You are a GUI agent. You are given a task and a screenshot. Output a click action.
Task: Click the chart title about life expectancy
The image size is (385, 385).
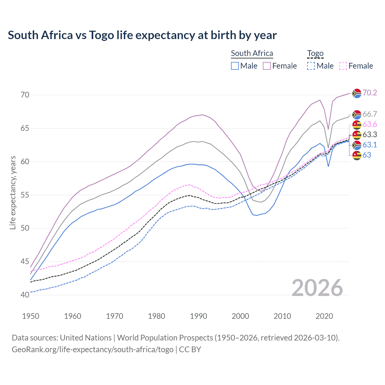point(142,35)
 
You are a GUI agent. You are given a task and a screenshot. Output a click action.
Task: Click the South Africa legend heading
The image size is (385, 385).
point(252,53)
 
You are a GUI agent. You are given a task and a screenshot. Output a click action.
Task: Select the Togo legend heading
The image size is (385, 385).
point(315,54)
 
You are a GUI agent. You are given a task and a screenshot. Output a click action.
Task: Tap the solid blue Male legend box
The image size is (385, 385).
point(235,66)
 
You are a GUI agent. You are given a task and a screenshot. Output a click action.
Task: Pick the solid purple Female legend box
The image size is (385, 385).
point(267,66)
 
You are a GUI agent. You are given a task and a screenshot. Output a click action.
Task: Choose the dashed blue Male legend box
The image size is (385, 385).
point(311,66)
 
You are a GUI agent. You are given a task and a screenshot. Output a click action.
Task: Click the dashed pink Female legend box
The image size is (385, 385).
point(343,66)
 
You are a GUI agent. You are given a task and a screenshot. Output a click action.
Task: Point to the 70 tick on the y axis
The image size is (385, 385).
point(25,95)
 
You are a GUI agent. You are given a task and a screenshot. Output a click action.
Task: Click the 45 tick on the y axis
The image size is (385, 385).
point(25,262)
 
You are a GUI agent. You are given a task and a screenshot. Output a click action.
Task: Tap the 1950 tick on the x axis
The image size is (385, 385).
point(31,316)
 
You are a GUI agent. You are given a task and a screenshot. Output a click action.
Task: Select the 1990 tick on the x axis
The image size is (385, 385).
point(199,316)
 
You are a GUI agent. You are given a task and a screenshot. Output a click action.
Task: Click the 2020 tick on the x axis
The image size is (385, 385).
point(324,316)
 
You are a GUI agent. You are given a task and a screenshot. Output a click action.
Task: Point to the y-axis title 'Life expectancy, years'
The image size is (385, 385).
point(13,193)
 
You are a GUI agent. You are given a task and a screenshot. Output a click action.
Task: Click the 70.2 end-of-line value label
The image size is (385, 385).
point(370,93)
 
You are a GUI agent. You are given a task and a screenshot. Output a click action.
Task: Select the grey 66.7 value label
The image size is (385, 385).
point(370,114)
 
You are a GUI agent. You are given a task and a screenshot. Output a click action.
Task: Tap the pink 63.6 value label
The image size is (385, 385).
point(370,125)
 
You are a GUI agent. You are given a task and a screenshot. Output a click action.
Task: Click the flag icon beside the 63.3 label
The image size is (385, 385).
point(357,135)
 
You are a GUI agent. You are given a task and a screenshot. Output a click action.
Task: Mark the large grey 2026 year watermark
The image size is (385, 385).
point(317,288)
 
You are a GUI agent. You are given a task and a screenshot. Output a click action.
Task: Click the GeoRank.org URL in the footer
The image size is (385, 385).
point(93,350)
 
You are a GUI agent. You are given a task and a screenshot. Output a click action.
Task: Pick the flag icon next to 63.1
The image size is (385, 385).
point(357,145)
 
